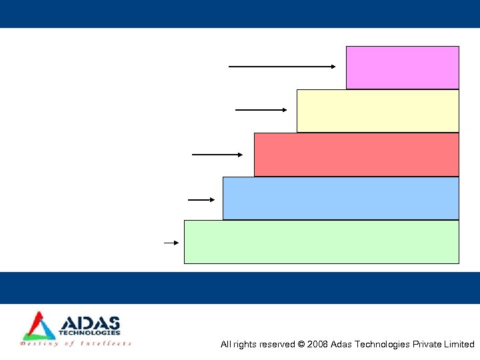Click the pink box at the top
tap(402, 67)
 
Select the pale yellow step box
tap(377, 111)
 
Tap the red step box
tap(356, 154)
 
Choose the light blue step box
tap(341, 198)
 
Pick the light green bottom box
tap(321, 242)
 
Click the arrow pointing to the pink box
tap(282, 67)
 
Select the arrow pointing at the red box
tap(217, 155)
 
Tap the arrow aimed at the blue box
tap(201, 199)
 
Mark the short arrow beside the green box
tap(171, 243)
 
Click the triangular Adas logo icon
tap(39, 326)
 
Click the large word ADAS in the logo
tap(89, 323)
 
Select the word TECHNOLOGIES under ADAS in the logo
tap(89, 333)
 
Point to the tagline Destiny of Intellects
tap(75, 343)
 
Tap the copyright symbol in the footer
tap(301, 345)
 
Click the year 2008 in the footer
tap(317, 345)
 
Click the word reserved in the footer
tap(275, 345)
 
